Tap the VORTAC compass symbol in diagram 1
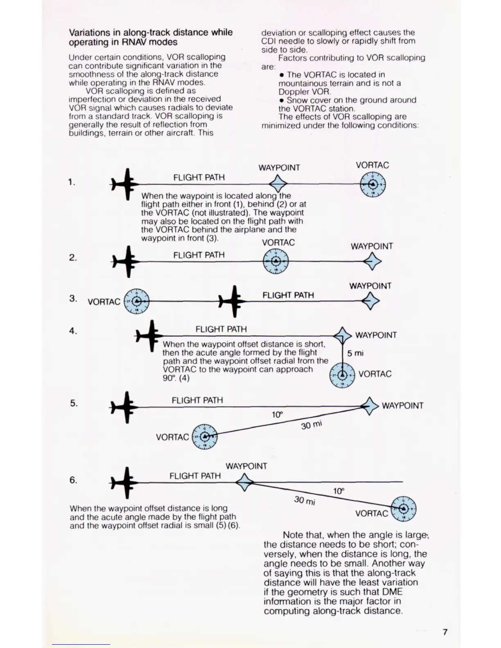click(373, 184)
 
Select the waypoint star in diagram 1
click(278, 184)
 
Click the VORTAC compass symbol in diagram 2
click(276, 261)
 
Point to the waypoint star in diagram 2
click(372, 261)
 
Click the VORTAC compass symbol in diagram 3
click(137, 301)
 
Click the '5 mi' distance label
click(355, 353)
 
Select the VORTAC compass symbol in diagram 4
click(342, 375)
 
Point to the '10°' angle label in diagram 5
click(277, 415)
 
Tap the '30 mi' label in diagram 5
click(311, 425)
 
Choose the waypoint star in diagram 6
click(244, 482)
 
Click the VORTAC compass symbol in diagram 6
click(404, 508)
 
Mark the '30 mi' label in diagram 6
click(305, 500)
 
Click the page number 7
click(445, 632)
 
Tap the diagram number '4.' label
click(73, 331)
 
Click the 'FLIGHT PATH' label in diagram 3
click(288, 295)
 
